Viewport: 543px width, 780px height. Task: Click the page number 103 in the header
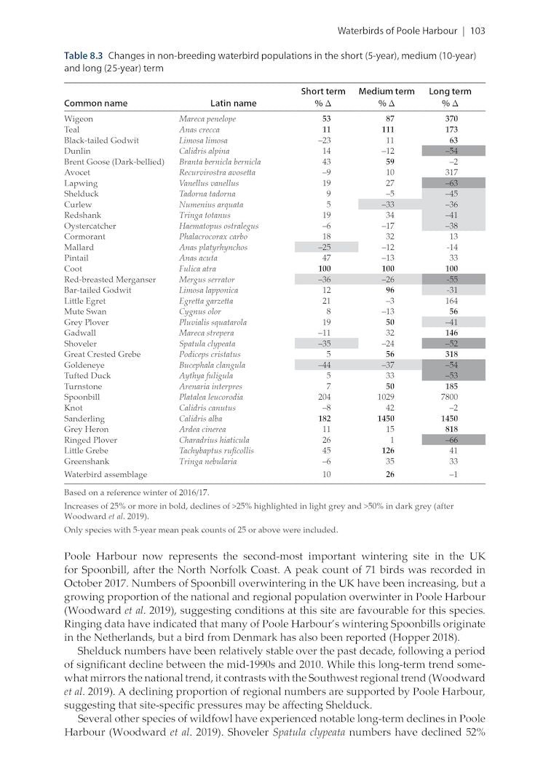pos(477,31)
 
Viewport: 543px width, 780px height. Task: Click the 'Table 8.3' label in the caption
pos(84,55)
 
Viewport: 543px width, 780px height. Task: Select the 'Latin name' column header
pos(233,103)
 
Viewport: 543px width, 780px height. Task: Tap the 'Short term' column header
pos(323,92)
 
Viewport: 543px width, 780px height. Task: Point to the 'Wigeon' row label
pos(79,119)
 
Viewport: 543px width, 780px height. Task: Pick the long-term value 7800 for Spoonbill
pos(450,398)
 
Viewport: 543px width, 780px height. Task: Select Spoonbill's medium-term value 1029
pos(386,398)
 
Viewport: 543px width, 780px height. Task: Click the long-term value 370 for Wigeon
pos(450,119)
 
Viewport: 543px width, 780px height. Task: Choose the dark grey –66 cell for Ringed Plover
pos(450,441)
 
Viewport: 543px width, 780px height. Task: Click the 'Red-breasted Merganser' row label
pos(110,280)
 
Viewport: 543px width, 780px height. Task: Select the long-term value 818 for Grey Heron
pos(450,430)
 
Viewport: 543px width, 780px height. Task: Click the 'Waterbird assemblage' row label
pos(106,474)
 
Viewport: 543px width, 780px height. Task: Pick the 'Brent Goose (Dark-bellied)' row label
pos(114,162)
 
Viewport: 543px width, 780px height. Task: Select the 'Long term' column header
pos(450,92)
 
